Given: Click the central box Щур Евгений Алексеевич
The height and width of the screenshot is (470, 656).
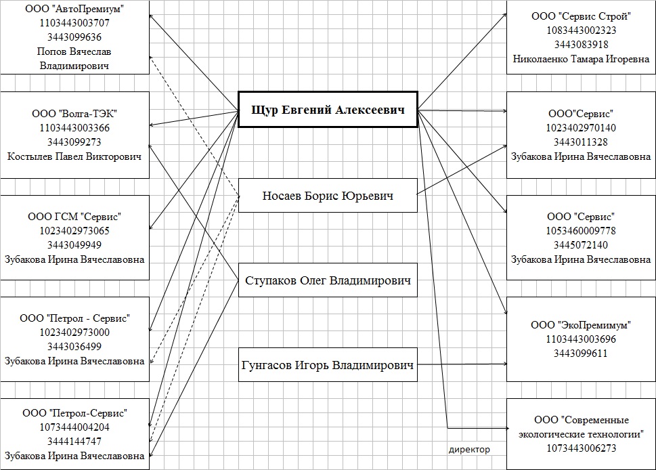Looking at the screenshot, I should pos(328,109).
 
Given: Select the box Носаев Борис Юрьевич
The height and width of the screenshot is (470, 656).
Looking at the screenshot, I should pos(328,196).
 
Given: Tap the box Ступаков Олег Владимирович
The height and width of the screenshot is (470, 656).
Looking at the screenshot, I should pos(328,280).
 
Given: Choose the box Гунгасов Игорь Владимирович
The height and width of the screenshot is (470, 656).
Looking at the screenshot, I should pos(328,366).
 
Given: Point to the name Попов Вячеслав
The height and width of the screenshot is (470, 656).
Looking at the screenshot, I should pos(75,51).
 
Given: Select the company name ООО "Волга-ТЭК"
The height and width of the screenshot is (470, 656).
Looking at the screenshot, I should pos(75,113).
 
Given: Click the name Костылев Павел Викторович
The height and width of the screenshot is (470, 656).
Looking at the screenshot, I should pos(75,156).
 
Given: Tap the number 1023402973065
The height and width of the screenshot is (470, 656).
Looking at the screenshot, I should pos(75,231).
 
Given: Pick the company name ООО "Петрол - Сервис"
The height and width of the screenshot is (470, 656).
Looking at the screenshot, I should pos(75,318).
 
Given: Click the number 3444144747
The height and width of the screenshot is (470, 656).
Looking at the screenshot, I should pos(75,442).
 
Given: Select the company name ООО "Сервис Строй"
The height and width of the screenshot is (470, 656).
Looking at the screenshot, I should pos(582,16).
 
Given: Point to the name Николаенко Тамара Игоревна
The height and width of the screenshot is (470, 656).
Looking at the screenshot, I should pos(582,59).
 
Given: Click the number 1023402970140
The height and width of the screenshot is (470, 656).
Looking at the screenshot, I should pos(582,127).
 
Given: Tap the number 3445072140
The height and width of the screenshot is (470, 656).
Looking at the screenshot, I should pos(582,245).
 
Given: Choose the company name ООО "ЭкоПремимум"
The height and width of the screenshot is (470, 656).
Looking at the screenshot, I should pos(582,325).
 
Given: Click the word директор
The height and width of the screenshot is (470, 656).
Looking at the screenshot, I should pos(469,449).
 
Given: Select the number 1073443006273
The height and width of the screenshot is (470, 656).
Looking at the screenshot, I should pos(582,448).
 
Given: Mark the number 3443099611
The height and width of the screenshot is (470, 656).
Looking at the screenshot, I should pos(582,354).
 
